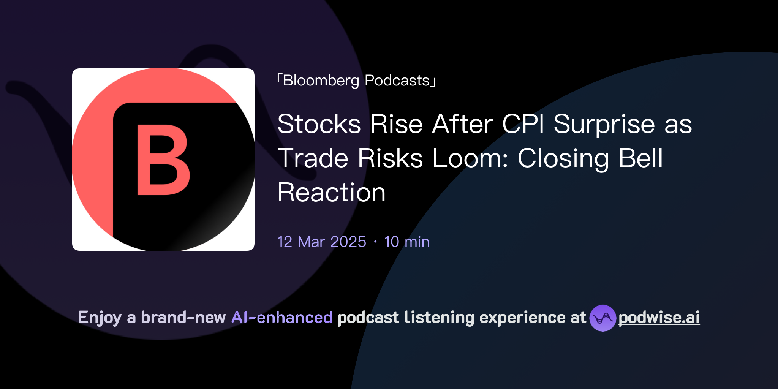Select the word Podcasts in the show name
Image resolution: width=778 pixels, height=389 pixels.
pos(397,81)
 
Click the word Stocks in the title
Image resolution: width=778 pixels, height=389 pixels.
pos(319,124)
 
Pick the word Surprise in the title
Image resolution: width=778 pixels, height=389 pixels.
pos(604,124)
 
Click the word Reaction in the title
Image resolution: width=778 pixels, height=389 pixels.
pos(332,192)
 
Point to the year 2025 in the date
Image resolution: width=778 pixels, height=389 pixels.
pos(348,242)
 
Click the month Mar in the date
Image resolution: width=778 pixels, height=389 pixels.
pos(311,242)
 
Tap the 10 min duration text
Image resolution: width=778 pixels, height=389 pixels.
pos(407,242)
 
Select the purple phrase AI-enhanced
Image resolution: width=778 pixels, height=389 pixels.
pos(282,317)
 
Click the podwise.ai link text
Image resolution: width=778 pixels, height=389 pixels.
pos(659,318)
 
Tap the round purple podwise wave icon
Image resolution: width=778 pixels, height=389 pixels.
pos(602,318)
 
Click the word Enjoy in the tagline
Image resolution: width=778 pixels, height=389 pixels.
pos(100,318)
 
